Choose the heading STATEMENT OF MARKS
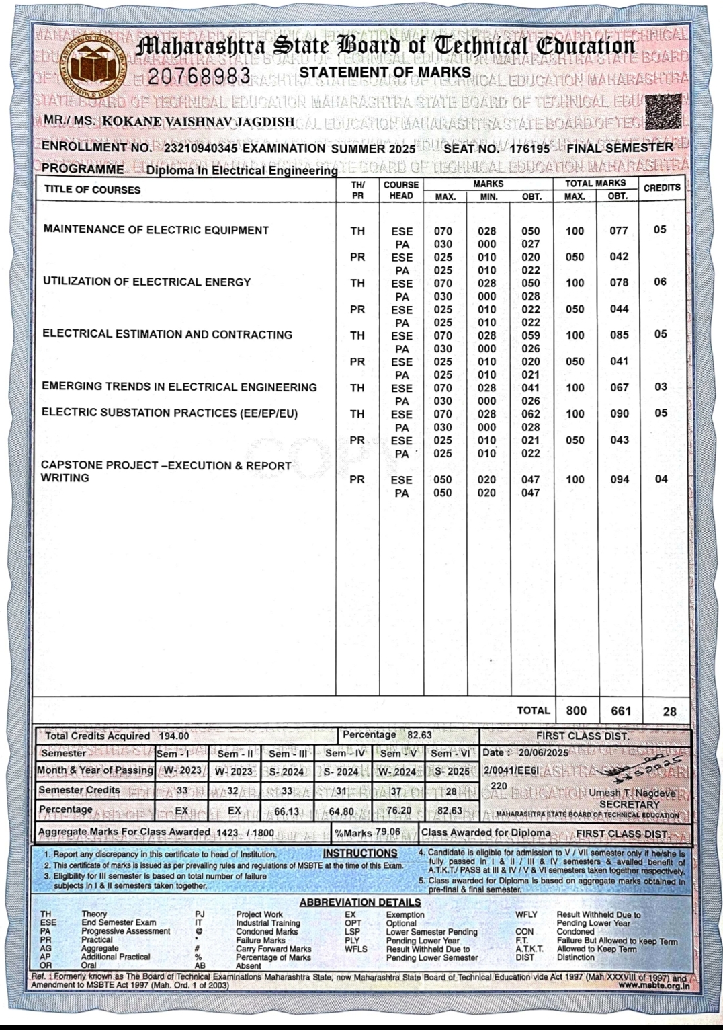[x=385, y=72]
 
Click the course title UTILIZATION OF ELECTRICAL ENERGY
[x=146, y=282]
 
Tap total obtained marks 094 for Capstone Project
[x=619, y=479]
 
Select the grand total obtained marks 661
[x=620, y=711]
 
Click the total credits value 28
[x=669, y=711]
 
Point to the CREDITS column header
[x=662, y=188]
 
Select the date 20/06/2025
[x=543, y=753]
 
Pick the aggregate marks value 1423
[x=227, y=833]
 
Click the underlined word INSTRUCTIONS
[x=360, y=854]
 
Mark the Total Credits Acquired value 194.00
[x=174, y=736]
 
